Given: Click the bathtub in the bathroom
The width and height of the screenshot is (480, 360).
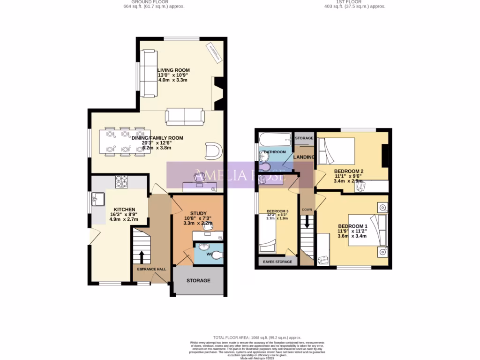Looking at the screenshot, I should click(274, 139).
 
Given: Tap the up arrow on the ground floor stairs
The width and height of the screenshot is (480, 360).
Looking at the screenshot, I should click(141, 257).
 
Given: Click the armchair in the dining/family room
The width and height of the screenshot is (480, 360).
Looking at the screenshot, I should click(214, 151).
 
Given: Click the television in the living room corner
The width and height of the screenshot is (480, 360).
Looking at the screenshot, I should click(214, 52).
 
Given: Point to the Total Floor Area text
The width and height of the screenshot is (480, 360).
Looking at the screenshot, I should click(257, 337).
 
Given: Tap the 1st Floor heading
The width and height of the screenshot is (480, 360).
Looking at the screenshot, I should click(354, 2).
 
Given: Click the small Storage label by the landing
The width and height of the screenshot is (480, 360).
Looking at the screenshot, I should click(304, 138).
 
